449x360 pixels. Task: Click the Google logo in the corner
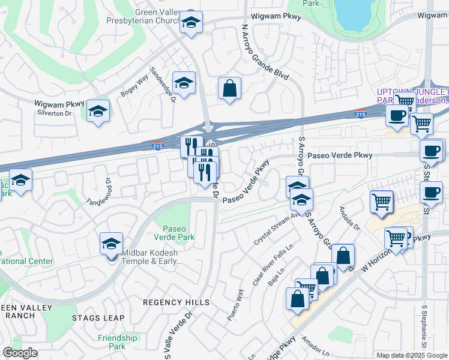point(20,353)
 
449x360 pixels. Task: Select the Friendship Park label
point(119,342)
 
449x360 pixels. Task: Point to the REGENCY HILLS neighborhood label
point(176,302)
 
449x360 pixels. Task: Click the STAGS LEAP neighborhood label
point(98,318)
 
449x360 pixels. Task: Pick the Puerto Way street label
point(235,305)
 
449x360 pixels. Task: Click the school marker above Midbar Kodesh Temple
point(111,243)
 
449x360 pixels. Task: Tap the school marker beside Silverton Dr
point(98,110)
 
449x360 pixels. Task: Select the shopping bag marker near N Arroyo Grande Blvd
point(229,88)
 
